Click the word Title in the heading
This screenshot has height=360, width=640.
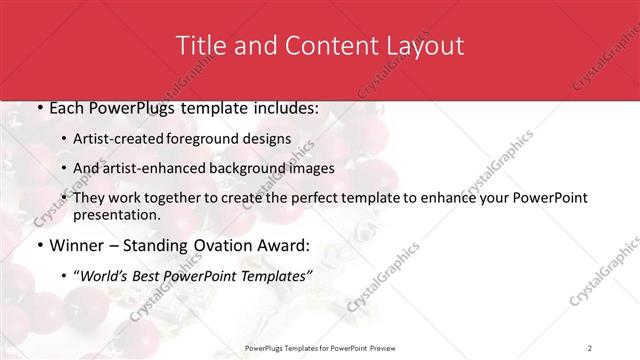[x=201, y=46]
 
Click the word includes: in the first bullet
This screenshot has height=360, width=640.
[x=272, y=108]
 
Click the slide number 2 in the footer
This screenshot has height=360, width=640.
[x=590, y=347]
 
